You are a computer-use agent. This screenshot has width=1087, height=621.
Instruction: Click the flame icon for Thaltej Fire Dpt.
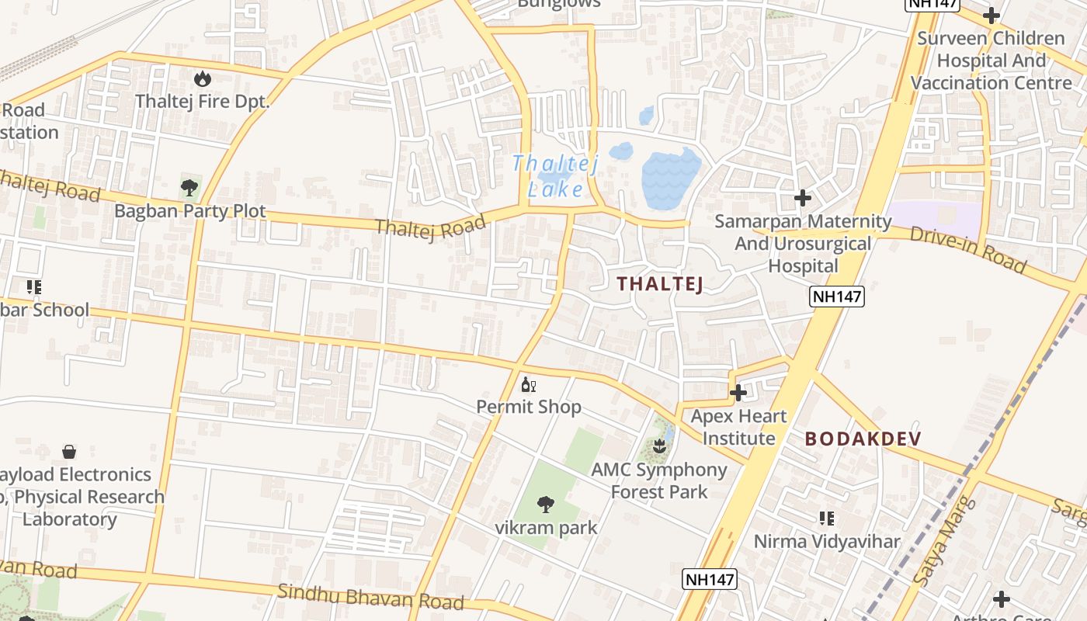tap(203, 78)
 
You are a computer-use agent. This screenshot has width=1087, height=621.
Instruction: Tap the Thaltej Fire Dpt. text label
tap(202, 102)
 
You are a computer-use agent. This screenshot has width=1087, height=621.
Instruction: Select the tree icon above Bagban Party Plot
tap(189, 187)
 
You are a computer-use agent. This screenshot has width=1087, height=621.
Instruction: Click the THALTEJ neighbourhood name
tap(660, 284)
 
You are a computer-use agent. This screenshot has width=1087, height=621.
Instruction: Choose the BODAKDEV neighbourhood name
tap(863, 439)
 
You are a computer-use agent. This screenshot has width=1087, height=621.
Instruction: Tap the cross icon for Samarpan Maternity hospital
tap(802, 199)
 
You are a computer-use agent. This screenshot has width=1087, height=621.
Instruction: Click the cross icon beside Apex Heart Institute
tap(738, 393)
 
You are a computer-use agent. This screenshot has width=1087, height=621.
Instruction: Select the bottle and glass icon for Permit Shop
tap(529, 384)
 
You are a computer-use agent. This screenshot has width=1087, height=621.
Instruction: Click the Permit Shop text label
tap(529, 407)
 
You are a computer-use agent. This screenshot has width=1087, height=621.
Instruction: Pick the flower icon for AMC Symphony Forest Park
tap(659, 446)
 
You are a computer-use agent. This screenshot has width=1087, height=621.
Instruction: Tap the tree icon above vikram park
tap(546, 505)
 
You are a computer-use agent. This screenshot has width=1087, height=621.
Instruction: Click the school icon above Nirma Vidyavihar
tap(827, 518)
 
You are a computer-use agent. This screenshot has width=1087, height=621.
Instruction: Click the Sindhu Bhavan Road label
tap(371, 597)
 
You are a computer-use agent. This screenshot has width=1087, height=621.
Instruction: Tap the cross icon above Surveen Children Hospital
tap(991, 15)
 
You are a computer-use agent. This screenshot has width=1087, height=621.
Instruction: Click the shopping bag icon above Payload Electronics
tap(69, 451)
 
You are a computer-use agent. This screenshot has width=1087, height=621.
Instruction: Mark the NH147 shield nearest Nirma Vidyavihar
tap(709, 579)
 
